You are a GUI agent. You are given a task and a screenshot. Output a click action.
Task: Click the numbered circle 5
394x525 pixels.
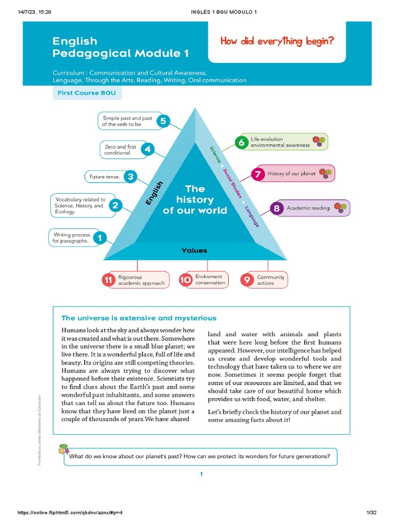click(x=163, y=122)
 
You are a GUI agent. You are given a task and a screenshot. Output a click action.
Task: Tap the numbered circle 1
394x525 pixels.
click(x=100, y=238)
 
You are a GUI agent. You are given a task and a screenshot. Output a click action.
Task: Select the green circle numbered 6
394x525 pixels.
click(x=241, y=142)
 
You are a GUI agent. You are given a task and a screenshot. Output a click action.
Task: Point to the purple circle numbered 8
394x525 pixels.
click(x=277, y=208)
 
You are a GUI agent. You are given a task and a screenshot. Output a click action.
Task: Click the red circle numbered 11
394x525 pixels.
click(x=108, y=280)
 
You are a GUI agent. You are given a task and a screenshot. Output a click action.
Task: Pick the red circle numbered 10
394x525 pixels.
click(x=185, y=280)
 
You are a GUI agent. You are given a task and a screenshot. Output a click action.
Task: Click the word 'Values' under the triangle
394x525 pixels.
click(x=194, y=251)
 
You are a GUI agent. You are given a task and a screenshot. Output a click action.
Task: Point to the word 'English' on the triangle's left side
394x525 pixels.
click(x=154, y=193)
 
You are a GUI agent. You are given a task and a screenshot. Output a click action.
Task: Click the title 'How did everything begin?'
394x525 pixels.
click(x=277, y=42)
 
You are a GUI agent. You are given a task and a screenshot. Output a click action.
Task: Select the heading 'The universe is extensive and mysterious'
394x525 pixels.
click(x=139, y=318)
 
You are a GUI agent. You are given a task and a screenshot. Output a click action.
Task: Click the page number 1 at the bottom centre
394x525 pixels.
click(x=202, y=474)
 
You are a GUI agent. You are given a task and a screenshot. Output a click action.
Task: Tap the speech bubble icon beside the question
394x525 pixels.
click(x=63, y=450)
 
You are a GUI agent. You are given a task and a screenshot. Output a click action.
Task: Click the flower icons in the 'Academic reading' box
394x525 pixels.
click(x=340, y=208)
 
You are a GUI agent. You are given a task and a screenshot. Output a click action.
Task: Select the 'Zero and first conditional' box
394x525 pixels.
click(x=120, y=150)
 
